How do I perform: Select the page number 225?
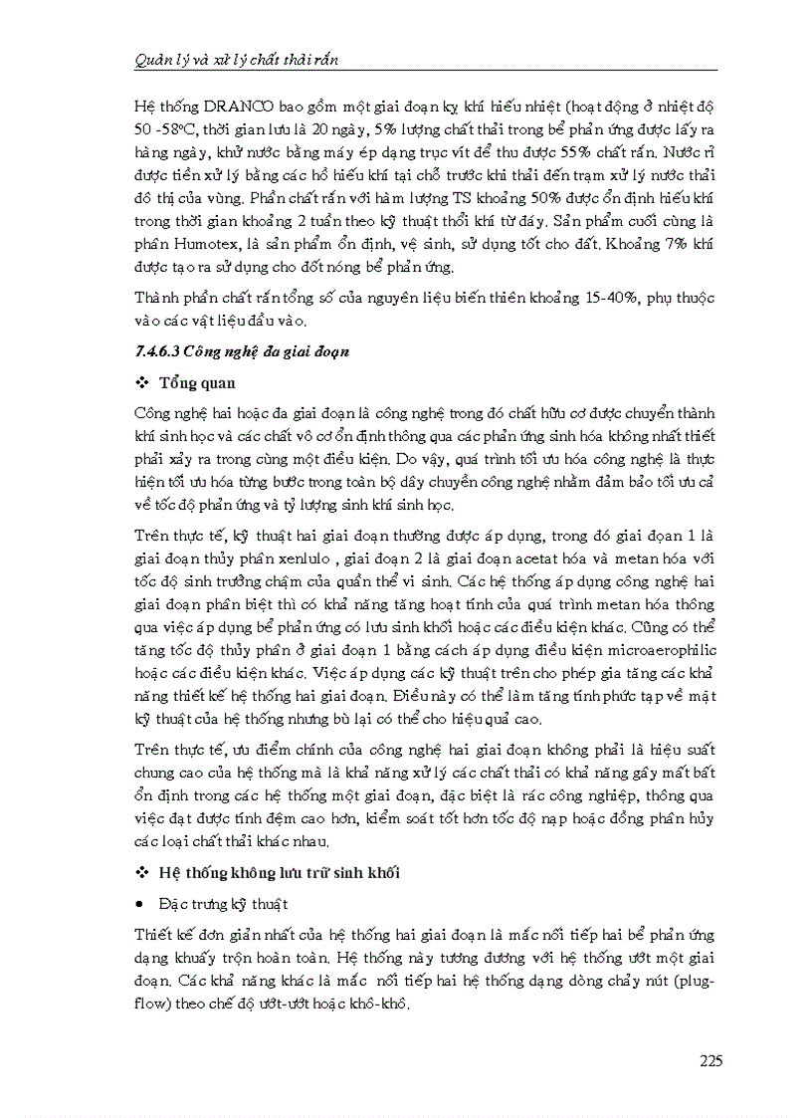coord(710,1060)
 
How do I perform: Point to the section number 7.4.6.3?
coord(161,351)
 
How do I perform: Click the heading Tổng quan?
coord(196,383)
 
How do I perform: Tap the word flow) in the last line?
coord(150,1004)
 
